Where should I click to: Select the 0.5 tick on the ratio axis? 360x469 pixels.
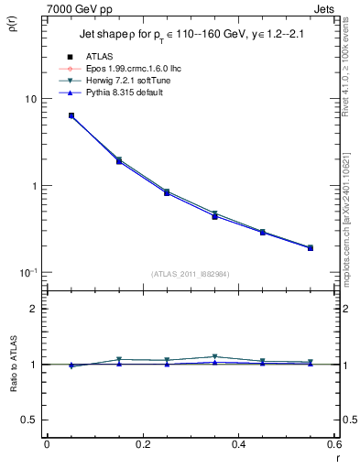28,420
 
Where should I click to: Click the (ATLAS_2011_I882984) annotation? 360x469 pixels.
190,273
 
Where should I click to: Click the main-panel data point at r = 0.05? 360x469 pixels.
71,116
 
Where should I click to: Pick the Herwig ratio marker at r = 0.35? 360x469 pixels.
214,356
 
